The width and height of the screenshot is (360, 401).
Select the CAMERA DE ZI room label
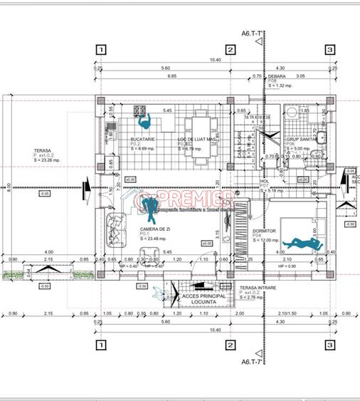click(x=154, y=229)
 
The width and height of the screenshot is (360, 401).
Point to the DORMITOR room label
click(x=264, y=231)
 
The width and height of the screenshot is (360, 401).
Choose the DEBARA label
click(x=277, y=75)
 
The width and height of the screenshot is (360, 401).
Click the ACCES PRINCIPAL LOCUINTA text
click(x=203, y=299)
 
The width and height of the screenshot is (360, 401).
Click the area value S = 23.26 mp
click(x=47, y=160)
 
